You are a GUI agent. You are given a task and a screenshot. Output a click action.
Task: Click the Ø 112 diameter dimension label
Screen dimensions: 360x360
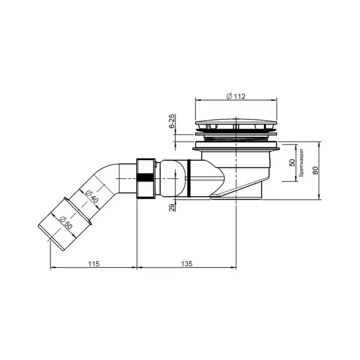point(236,97)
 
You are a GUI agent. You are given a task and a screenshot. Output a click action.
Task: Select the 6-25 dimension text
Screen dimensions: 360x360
point(172,121)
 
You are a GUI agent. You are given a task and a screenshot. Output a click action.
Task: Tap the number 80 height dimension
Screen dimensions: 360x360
point(316,170)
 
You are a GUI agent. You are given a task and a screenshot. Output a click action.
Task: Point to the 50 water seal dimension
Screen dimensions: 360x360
point(292,163)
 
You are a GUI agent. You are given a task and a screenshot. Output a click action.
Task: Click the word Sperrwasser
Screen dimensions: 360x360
point(301,163)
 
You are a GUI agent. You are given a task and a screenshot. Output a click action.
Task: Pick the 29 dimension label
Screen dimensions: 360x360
point(172,208)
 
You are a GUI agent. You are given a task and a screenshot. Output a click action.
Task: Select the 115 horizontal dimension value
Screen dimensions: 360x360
point(94,264)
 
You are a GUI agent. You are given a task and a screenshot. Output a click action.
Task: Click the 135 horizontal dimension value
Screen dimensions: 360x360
point(187,264)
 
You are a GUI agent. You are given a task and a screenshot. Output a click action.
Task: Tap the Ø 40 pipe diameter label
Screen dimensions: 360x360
point(92,196)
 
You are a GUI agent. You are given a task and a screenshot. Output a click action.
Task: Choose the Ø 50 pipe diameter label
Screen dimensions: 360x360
point(65,222)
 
